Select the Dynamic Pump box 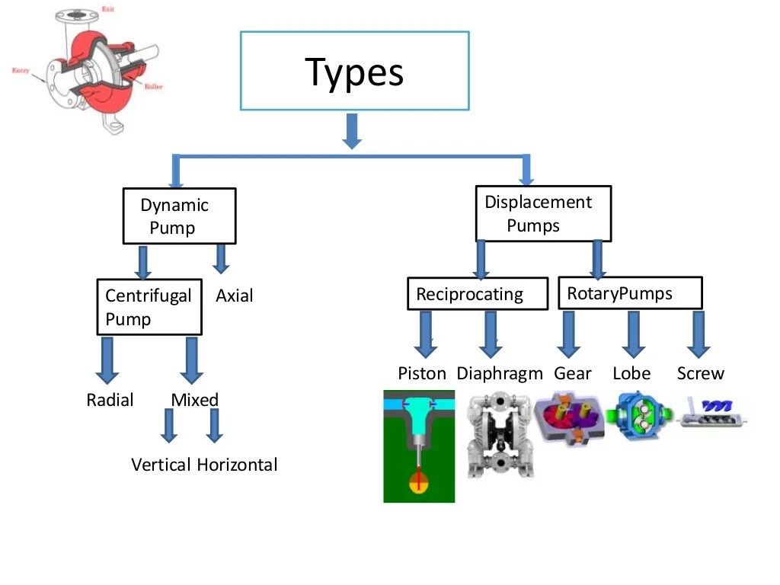[x=180, y=216]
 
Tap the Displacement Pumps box [x=543, y=213]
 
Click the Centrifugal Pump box [x=149, y=307]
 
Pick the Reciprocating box [x=477, y=294]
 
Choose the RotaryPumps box [x=629, y=293]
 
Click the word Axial [x=234, y=296]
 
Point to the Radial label [x=110, y=401]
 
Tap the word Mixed [x=194, y=401]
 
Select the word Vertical [x=161, y=465]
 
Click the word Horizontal [x=237, y=465]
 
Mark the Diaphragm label [x=500, y=374]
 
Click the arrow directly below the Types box [x=351, y=131]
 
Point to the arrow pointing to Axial [x=221, y=259]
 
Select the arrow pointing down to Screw [x=697, y=334]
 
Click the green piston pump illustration [x=419, y=446]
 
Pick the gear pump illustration [x=571, y=417]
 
